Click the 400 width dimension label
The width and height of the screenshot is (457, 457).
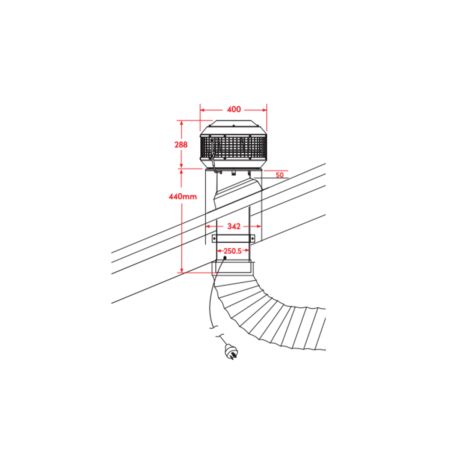(234, 109)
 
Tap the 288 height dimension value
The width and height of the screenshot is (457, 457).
(181, 145)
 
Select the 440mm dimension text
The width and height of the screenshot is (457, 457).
(183, 196)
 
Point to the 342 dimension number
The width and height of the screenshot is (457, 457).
(234, 226)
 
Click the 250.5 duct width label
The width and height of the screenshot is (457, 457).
(233, 251)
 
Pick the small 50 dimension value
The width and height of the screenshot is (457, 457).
(280, 175)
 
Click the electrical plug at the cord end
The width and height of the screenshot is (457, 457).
(231, 352)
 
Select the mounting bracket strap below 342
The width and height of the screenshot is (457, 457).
(233, 239)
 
